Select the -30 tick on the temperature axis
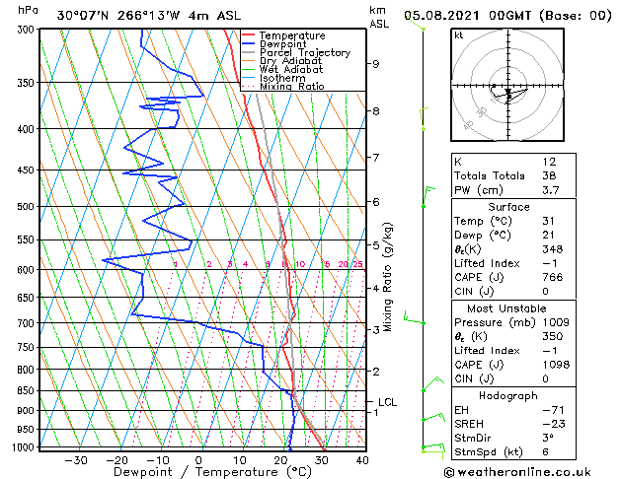(x=76, y=460)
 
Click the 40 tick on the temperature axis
(x=362, y=460)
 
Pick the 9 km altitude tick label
(x=376, y=64)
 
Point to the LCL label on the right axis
(x=387, y=402)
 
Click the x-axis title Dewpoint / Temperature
(x=198, y=472)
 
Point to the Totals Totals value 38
(x=550, y=175)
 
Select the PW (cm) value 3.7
(x=550, y=190)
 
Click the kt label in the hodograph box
(x=459, y=35)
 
